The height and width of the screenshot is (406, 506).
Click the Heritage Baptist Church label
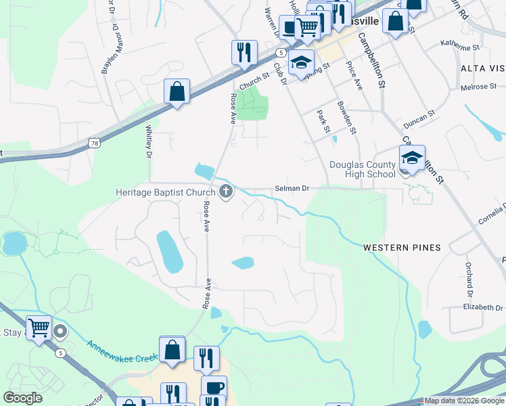coord(165,193)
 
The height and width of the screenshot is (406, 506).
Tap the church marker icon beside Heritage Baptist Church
coord(226,193)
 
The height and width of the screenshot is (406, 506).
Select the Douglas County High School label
coord(362,169)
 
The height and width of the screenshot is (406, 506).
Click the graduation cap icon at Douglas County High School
coord(412,158)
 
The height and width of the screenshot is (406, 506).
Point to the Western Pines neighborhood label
coord(402,248)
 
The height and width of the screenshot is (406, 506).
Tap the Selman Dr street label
coord(292,189)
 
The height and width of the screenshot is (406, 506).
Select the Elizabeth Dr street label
coord(483,307)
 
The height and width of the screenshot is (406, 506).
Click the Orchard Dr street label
coord(468,279)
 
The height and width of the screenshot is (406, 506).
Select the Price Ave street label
coord(354,75)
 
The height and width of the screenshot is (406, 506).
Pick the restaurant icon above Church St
coord(244,52)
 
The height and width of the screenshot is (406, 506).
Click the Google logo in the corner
coord(22,398)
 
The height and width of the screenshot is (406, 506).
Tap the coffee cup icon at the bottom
coord(214,388)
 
